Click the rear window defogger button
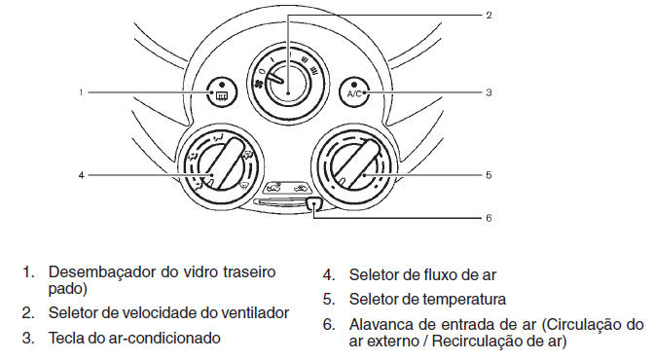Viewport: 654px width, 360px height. coord(222,91)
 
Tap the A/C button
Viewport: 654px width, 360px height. coord(354,91)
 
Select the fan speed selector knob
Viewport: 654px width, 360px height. coord(288,85)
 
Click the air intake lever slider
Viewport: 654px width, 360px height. coord(313,203)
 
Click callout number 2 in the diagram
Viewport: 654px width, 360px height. coord(489,16)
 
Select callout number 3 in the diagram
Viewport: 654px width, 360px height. coord(489,92)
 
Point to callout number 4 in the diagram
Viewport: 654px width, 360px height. coord(82,175)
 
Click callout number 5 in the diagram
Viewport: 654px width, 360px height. coord(489,175)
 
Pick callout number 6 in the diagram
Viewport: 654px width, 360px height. coord(489,218)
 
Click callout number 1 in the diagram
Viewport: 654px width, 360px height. coord(82,92)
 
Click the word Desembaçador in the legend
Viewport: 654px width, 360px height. coord(102,272)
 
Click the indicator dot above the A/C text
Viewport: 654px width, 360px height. coord(354,85)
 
